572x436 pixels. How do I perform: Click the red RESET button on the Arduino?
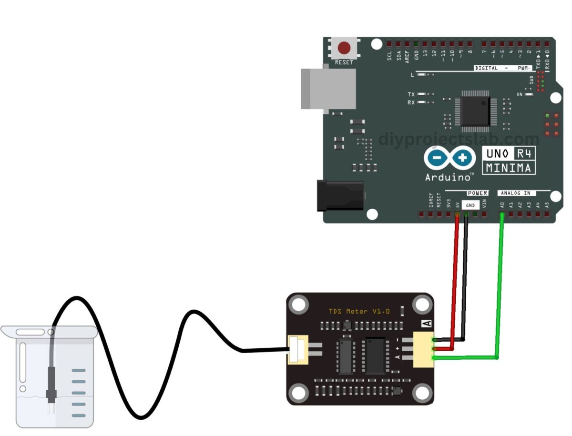point(344,49)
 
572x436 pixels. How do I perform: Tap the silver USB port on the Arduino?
point(328,89)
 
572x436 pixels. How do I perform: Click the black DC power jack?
point(340,195)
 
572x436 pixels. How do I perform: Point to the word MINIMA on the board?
point(509,168)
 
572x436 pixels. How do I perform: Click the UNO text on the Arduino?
point(497,153)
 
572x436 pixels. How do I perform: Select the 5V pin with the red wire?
point(458,215)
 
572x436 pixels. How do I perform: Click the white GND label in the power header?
point(470,205)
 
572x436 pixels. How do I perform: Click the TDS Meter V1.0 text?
point(359,311)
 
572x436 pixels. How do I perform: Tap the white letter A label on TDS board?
point(428,324)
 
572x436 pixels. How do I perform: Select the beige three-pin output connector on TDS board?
point(423,349)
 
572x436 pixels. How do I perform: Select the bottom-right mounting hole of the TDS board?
point(421,393)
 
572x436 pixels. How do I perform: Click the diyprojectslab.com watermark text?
point(459,139)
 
